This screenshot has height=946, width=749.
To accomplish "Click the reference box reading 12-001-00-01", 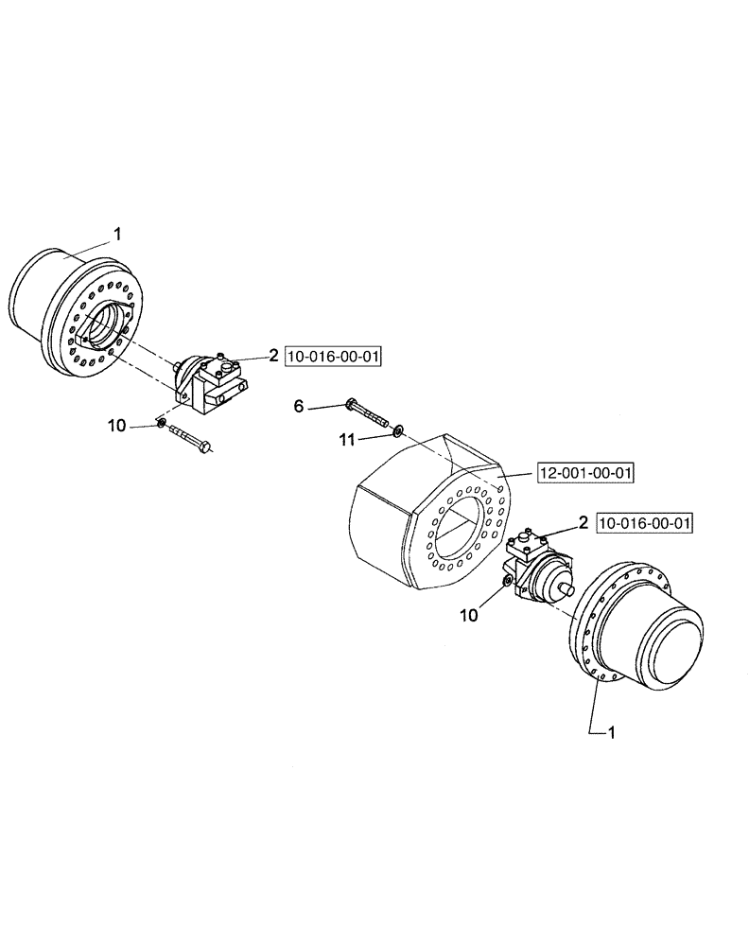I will [x=584, y=472].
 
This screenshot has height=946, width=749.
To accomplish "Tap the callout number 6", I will [x=299, y=406].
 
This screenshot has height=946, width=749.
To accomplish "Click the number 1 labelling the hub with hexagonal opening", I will [x=116, y=231].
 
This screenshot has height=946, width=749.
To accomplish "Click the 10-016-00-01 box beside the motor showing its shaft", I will [x=646, y=522].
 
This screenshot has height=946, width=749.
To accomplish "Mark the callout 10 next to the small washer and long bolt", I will [x=116, y=427].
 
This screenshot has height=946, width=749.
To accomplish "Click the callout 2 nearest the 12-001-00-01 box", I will [x=584, y=522].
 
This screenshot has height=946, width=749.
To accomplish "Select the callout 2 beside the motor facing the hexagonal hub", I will [x=272, y=356].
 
